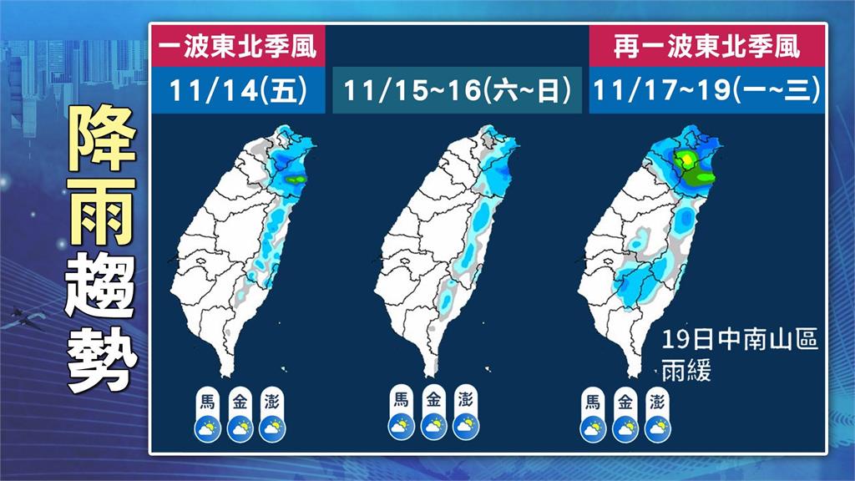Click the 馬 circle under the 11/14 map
[x=207, y=400]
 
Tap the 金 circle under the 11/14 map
[x=240, y=400]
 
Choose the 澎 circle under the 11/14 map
[x=272, y=400]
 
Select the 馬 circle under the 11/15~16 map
[x=401, y=400]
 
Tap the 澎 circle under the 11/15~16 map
[x=466, y=400]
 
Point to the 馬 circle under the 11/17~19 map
[x=593, y=400]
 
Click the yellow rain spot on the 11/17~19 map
[x=686, y=159]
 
